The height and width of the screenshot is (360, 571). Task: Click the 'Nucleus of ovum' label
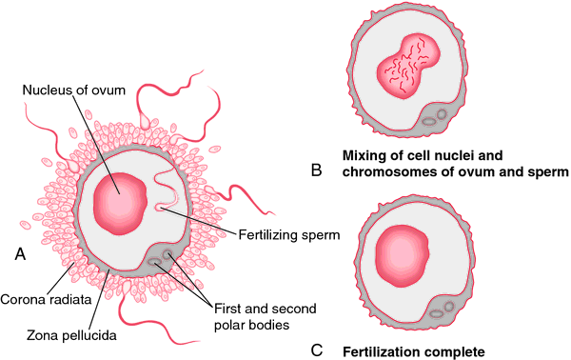(74, 90)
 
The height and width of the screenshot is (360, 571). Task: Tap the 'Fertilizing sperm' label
(289, 235)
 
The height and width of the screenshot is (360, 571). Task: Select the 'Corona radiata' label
(46, 299)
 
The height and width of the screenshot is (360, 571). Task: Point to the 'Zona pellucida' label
(71, 335)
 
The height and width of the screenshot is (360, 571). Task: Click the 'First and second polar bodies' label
(266, 316)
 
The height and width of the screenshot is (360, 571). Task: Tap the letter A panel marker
(20, 253)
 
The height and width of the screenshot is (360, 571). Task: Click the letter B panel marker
(317, 170)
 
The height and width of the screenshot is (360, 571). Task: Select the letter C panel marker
(317, 350)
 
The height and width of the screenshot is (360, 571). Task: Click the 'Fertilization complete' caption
(414, 352)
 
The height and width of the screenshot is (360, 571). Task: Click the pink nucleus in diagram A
(121, 204)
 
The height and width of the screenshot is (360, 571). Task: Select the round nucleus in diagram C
(402, 255)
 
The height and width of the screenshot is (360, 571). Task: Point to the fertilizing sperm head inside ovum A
(160, 208)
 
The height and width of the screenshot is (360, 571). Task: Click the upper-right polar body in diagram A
(167, 254)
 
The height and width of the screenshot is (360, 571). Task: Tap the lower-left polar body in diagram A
(154, 262)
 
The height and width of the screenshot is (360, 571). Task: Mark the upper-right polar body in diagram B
(442, 114)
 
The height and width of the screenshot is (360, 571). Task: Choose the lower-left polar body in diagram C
(436, 313)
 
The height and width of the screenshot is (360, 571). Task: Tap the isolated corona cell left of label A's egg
(25, 225)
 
